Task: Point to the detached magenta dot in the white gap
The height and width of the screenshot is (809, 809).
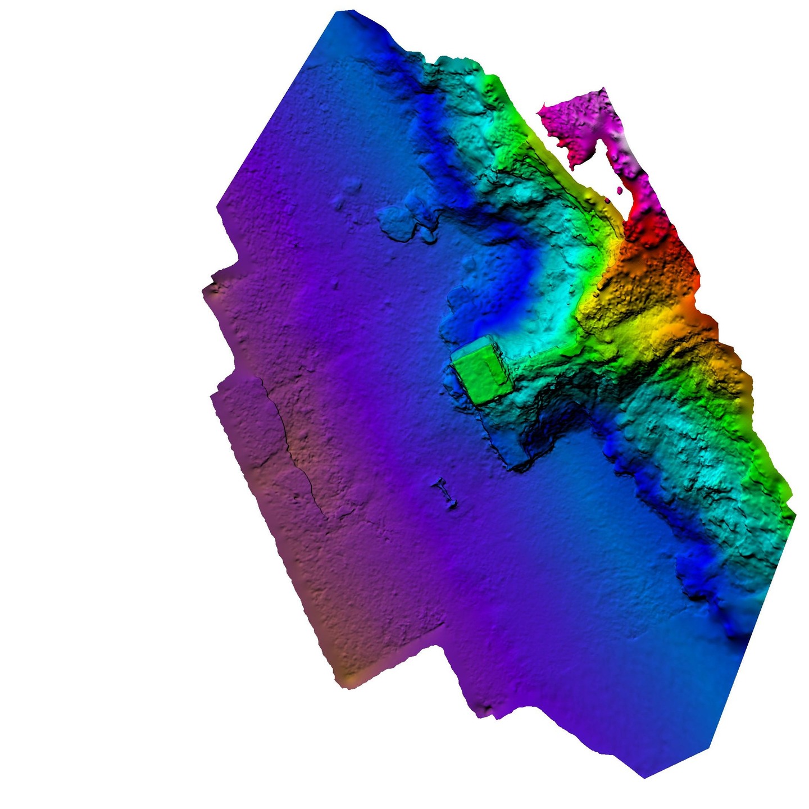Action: click(620, 190)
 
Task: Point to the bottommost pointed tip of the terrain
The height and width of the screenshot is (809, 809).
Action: click(645, 778)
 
